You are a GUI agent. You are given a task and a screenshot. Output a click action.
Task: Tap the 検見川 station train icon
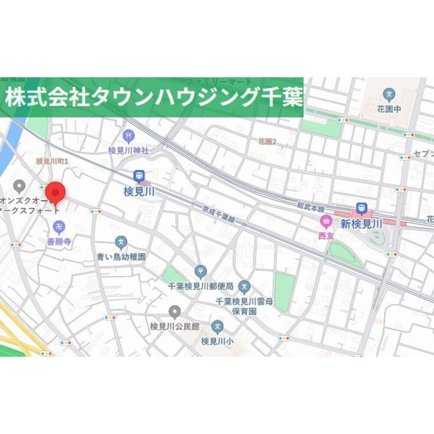[139, 176]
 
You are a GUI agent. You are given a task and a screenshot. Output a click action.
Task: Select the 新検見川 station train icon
[361, 209]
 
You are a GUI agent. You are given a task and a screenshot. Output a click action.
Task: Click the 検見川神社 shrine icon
[128, 136]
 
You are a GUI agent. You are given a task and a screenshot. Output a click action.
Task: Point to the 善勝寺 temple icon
[59, 226]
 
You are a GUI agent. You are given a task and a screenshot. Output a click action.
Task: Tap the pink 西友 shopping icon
[325, 222]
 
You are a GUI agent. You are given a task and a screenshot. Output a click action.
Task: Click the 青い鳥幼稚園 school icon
[121, 242]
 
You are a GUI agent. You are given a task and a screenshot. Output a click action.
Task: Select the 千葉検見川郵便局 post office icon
[201, 272]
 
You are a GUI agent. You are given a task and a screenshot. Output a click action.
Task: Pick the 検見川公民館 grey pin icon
[174, 311]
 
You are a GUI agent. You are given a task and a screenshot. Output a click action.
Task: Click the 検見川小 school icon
[217, 326]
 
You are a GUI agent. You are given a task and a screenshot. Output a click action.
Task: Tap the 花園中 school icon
[389, 94]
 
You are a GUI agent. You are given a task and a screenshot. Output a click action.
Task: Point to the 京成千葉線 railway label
[219, 215]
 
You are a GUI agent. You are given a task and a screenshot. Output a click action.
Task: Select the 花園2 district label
[267, 141]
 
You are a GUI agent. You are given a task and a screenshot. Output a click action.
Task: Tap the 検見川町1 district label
[53, 161]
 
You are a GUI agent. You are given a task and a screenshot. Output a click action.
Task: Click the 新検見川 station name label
[361, 224]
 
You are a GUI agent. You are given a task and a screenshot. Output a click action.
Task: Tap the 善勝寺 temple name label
[59, 241]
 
